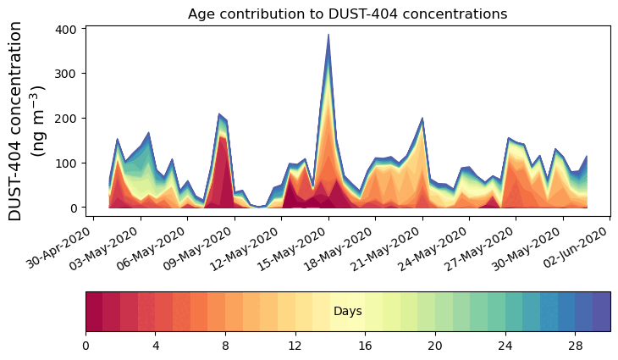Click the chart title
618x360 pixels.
click(347, 14)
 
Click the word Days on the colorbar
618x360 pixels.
click(347, 312)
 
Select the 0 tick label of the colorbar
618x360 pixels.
click(86, 346)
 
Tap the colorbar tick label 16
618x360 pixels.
click(365, 346)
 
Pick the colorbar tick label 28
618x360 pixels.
click(575, 346)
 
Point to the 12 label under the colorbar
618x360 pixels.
click(295, 346)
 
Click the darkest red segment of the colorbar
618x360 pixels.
click(94, 312)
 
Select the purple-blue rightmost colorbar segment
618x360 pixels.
click(601, 312)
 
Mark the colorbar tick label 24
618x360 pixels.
click(505, 346)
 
